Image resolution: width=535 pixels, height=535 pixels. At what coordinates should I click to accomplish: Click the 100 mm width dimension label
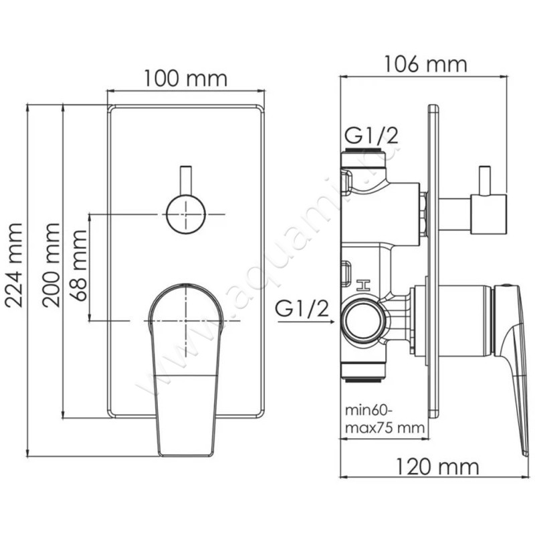pyautogui.click(x=186, y=79)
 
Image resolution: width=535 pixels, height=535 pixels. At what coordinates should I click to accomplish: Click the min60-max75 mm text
pyautogui.click(x=384, y=418)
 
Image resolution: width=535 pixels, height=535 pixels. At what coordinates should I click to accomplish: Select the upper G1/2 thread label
pyautogui.click(x=370, y=136)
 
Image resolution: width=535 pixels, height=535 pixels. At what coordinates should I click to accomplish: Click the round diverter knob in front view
pyautogui.click(x=185, y=213)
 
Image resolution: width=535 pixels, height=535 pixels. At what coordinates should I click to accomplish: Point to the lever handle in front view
pyautogui.click(x=185, y=361)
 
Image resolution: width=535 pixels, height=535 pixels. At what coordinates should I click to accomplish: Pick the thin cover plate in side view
pyautogui.click(x=433, y=267)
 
